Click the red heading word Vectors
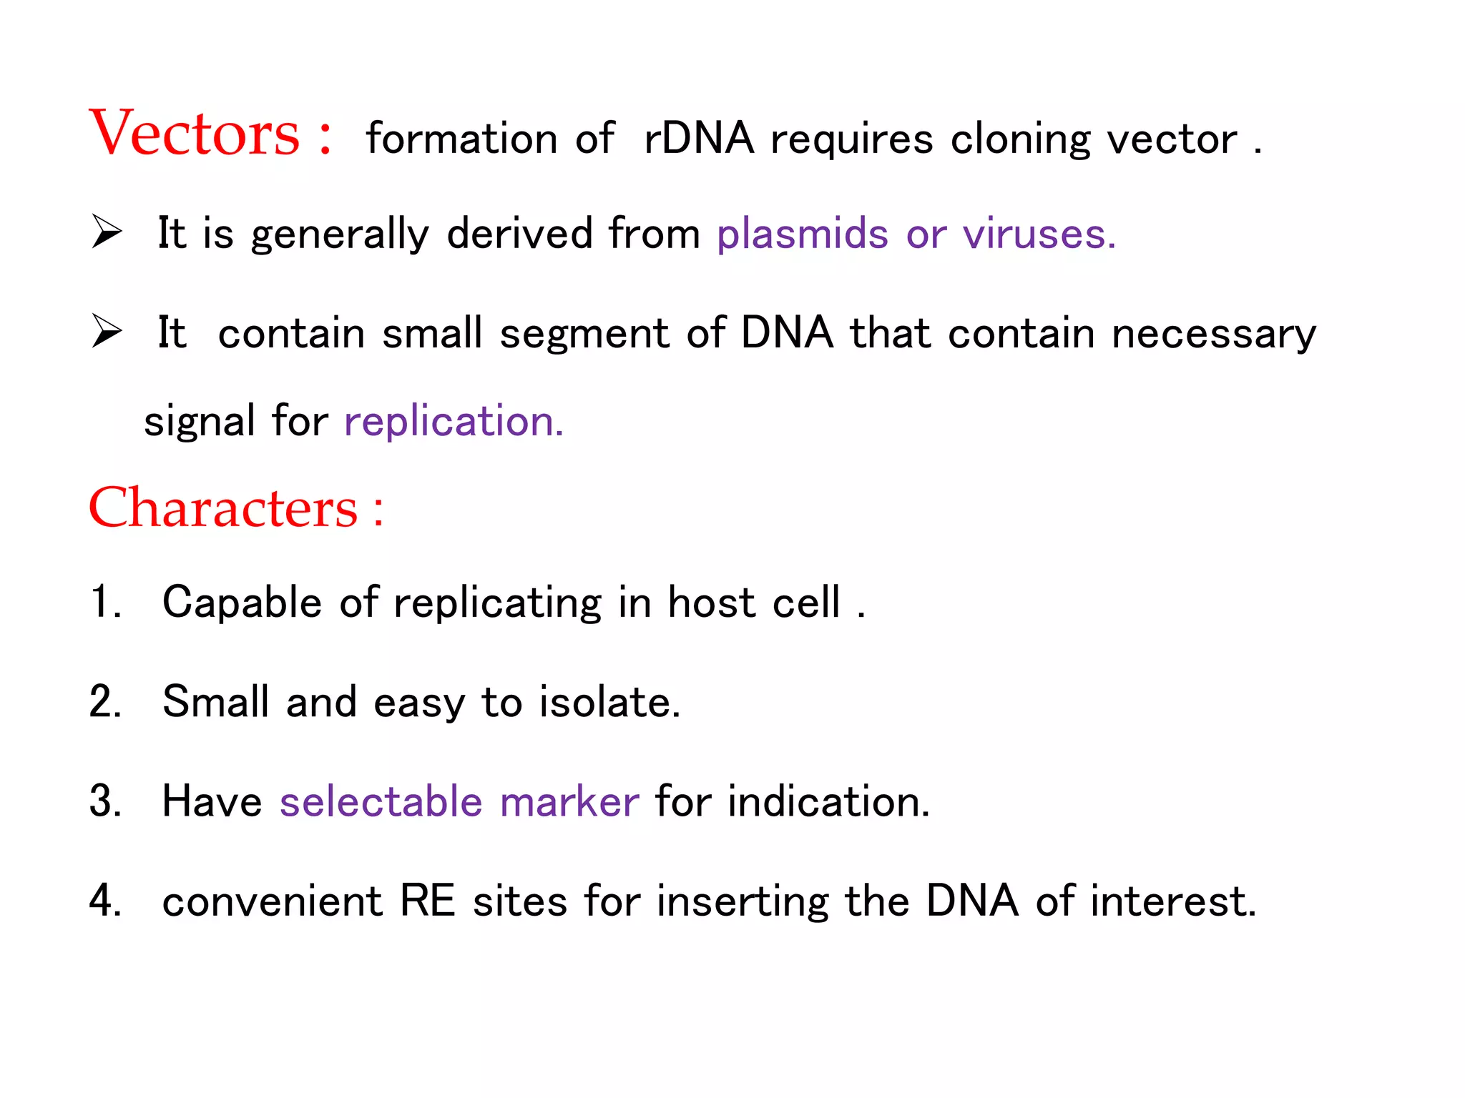pos(194,134)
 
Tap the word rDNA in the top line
pos(699,138)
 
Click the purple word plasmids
pos(802,235)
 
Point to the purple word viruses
pos(1038,235)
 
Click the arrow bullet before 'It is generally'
pos(107,233)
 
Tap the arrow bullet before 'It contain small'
pos(107,332)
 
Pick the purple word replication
pos(453,422)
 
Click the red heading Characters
pos(222,508)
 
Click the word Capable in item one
pos(242,603)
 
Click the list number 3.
pos(104,801)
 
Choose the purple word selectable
pos(381,801)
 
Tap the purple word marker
pos(569,801)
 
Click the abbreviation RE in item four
pos(427,901)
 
